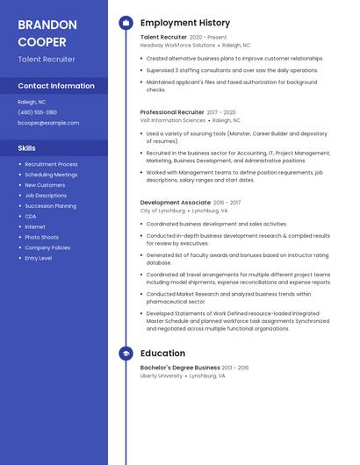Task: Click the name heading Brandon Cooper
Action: pyautogui.click(x=47, y=32)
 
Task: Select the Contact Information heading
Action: pyautogui.click(x=56, y=86)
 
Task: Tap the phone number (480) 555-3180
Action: pyautogui.click(x=37, y=112)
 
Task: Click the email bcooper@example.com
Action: pyautogui.click(x=48, y=123)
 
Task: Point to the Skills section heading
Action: pyautogui.click(x=27, y=148)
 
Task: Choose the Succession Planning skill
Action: pyautogui.click(x=50, y=205)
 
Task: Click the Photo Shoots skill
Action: pyautogui.click(x=41, y=237)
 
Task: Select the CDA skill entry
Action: pyautogui.click(x=31, y=216)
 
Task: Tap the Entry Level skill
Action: pyautogui.click(x=38, y=258)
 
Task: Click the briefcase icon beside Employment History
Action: pyautogui.click(x=126, y=23)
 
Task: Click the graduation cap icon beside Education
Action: pyautogui.click(x=126, y=354)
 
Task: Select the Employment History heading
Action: pyautogui.click(x=185, y=23)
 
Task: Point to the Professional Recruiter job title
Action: pyautogui.click(x=172, y=112)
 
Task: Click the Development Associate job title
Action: pyautogui.click(x=176, y=203)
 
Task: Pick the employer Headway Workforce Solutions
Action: pyautogui.click(x=177, y=45)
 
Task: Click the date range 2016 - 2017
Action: pyautogui.click(x=227, y=203)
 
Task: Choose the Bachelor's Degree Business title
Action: pyautogui.click(x=180, y=368)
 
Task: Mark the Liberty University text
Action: pyautogui.click(x=161, y=376)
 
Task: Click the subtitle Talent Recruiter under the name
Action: pyautogui.click(x=47, y=60)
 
